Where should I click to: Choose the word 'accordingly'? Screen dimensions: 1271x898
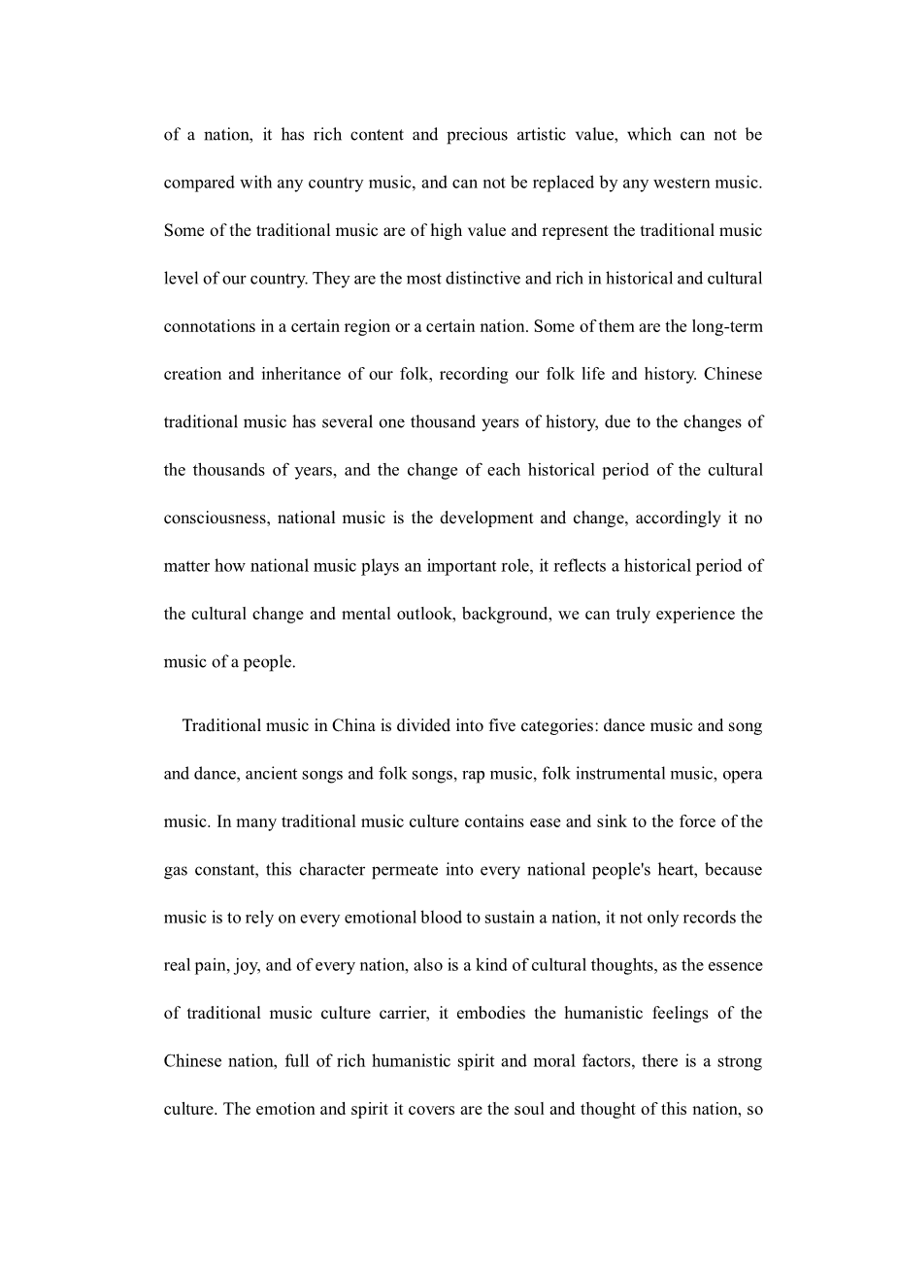tap(677, 518)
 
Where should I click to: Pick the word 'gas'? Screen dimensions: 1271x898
tap(176, 870)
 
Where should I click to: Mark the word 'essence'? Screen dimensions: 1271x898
tap(735, 965)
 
